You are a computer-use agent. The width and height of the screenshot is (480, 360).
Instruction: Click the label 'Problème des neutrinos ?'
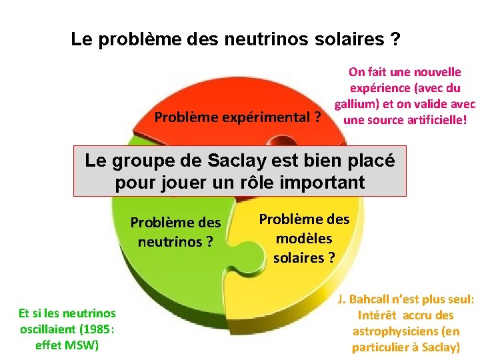[x=175, y=231]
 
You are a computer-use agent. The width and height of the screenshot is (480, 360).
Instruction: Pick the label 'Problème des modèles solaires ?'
[x=304, y=238]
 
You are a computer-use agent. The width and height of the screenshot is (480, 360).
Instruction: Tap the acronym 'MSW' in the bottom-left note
[x=85, y=345]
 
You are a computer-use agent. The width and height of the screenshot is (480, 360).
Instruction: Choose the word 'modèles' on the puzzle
[x=303, y=238]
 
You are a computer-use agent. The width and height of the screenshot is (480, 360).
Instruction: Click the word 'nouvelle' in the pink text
[x=438, y=72]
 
